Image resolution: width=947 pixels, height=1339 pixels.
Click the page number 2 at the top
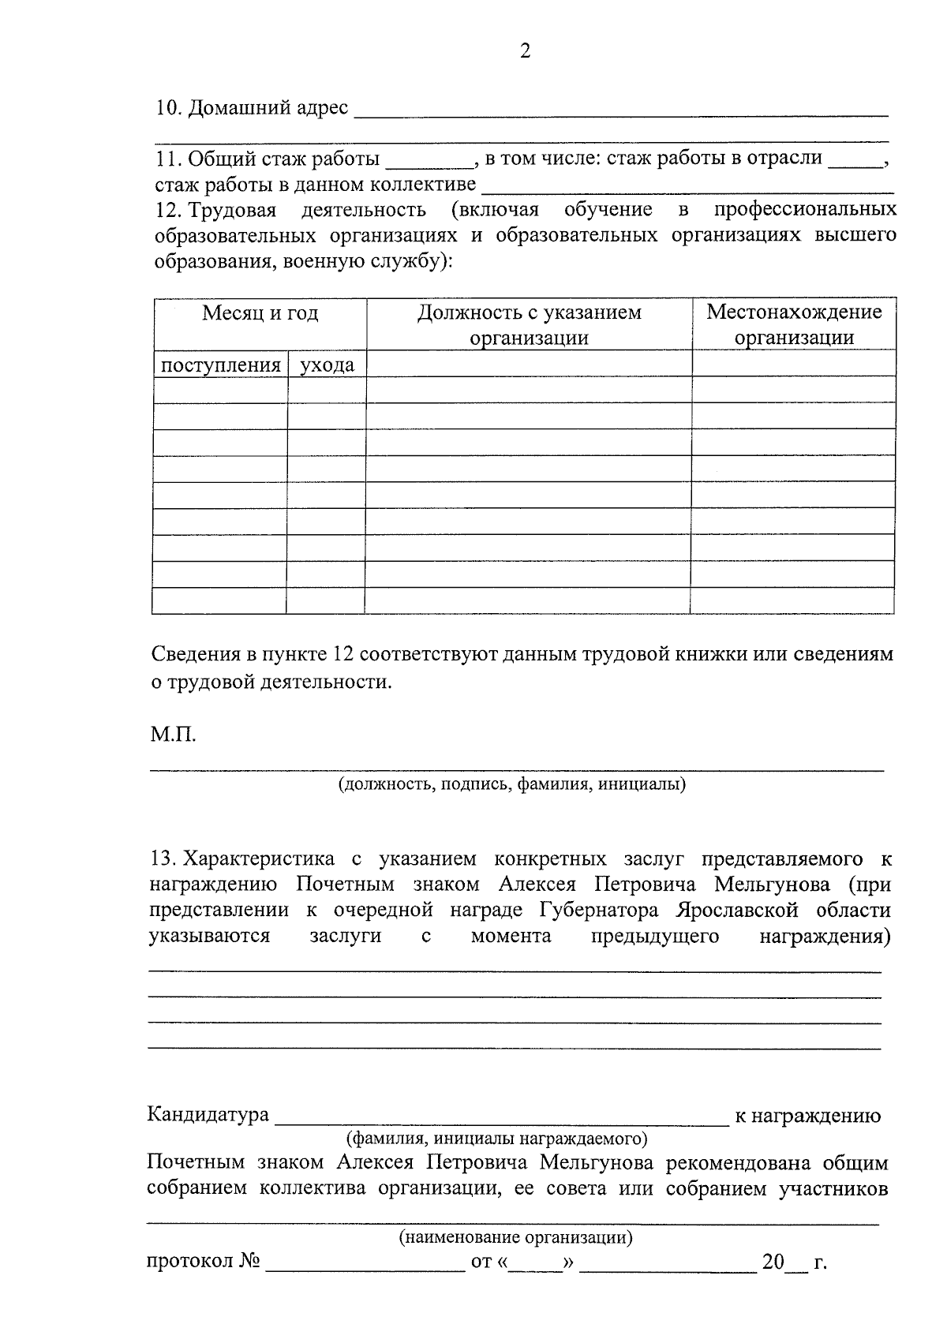(526, 51)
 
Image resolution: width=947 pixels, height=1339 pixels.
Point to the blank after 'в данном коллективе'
(687, 189)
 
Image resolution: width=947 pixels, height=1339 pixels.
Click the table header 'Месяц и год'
(260, 313)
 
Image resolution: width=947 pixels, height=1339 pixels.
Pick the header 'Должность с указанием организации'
(529, 325)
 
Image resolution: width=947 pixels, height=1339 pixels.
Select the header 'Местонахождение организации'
(794, 325)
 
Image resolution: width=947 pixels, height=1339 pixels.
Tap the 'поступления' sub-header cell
(221, 365)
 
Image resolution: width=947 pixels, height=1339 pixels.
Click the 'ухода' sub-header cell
(327, 365)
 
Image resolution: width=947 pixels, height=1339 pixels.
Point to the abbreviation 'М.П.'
(173, 735)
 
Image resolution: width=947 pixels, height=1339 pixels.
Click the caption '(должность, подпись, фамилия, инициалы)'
(512, 784)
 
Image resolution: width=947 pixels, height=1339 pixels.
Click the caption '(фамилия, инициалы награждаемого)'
(497, 1139)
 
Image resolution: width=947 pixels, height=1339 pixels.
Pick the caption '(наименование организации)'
(516, 1237)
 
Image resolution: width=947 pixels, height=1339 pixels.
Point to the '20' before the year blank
(773, 1262)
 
